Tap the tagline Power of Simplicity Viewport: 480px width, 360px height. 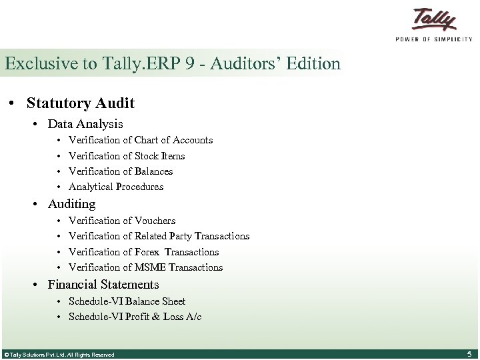(x=434, y=39)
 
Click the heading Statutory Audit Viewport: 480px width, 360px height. (x=80, y=103)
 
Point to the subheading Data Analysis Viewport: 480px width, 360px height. (x=85, y=124)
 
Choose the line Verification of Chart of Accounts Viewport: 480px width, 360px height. (x=140, y=140)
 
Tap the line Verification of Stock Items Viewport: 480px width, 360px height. (x=127, y=156)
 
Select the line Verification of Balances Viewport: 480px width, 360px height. (x=121, y=171)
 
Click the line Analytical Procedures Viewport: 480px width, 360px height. (x=116, y=187)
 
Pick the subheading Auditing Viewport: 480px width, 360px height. (x=71, y=204)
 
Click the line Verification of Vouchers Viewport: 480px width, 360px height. (x=122, y=221)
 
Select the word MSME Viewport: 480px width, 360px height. (x=151, y=267)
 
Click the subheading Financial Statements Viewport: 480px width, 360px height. (x=103, y=285)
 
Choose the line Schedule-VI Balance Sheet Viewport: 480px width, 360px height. (x=127, y=301)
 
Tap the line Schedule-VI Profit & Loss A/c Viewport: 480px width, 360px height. (x=135, y=317)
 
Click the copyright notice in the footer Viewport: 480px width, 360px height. (x=59, y=355)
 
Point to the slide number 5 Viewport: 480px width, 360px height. (x=469, y=354)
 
